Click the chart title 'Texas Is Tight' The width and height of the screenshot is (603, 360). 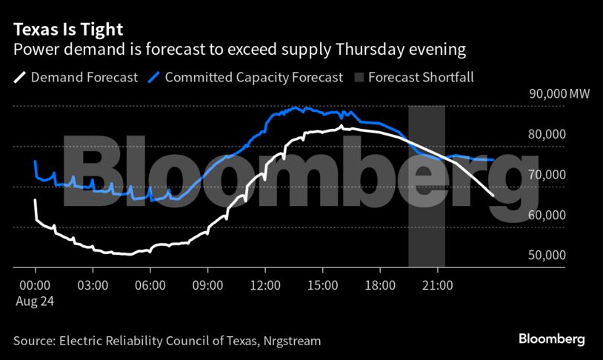[x=67, y=30]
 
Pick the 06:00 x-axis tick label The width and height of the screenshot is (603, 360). [x=150, y=284]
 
